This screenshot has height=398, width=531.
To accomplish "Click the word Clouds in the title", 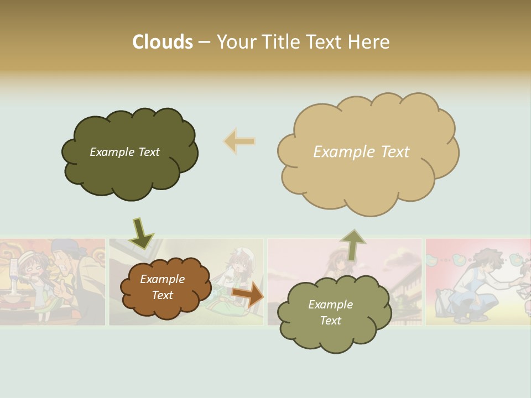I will coord(163,42).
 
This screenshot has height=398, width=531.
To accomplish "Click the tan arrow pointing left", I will coord(239,142).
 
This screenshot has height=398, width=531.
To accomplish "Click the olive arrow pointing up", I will coord(352,244).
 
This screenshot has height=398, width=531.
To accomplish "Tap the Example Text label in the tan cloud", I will coord(361,151).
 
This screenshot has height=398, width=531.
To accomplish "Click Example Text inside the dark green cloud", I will coord(124,152).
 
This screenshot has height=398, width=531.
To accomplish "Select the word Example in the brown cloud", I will coord(162,279).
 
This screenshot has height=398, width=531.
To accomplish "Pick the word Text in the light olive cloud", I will coord(330,321).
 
